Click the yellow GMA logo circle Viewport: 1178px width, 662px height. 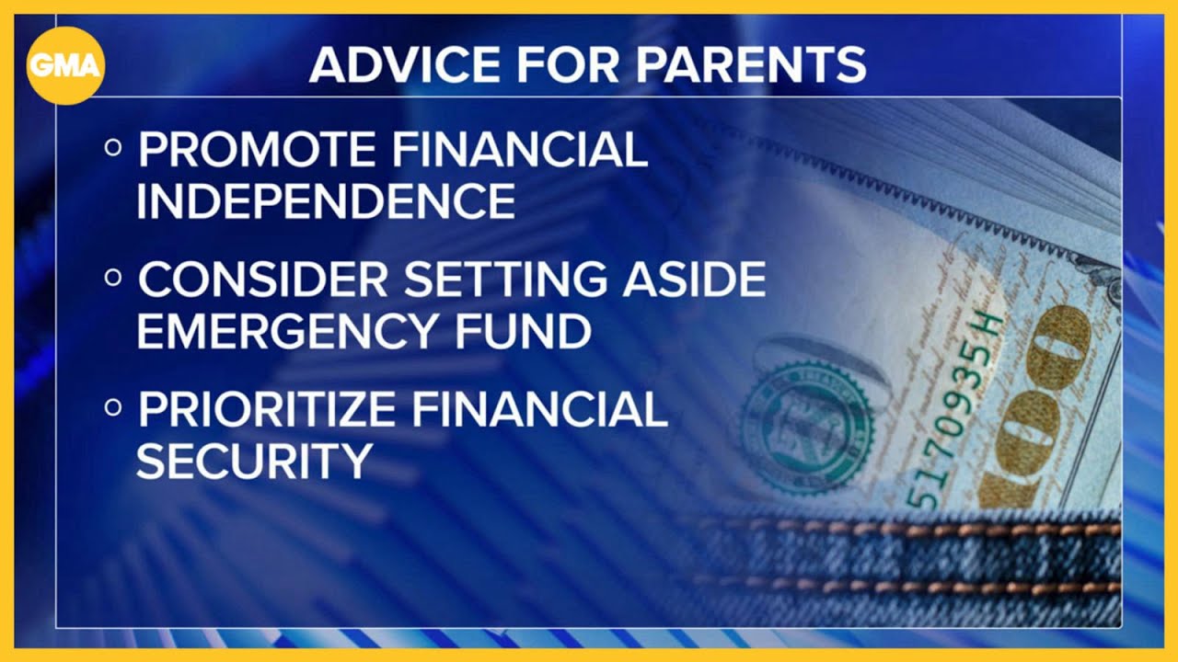pos(65,65)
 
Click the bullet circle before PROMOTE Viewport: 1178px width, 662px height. pos(113,148)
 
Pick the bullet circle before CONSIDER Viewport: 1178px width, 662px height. pos(113,278)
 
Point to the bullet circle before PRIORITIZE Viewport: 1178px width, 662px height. pos(113,407)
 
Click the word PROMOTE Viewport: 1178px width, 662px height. pos(257,149)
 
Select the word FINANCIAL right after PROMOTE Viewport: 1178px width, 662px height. pos(521,149)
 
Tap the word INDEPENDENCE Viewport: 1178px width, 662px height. pos(326,200)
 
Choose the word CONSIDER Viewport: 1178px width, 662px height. pos(263,279)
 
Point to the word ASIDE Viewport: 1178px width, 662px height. pos(694,279)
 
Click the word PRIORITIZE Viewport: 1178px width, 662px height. pos(267,409)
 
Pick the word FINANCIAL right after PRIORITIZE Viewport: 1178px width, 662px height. pos(540,409)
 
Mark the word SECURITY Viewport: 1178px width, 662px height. pos(255,461)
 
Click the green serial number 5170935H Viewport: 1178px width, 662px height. pos(952,411)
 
